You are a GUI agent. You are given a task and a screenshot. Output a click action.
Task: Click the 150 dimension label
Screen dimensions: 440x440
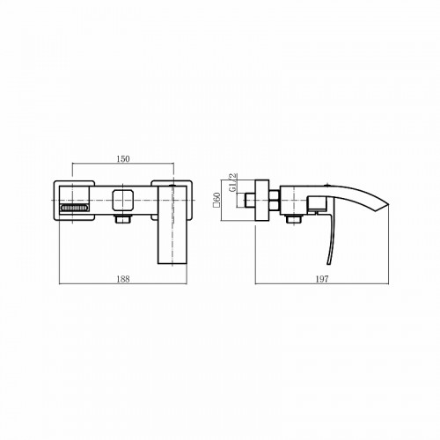pyautogui.click(x=123, y=159)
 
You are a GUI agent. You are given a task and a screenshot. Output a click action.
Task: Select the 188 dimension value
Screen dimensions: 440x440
pyautogui.click(x=123, y=279)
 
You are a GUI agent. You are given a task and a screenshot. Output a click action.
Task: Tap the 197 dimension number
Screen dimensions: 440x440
pyautogui.click(x=322, y=279)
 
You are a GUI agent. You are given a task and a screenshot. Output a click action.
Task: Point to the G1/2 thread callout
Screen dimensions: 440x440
pyautogui.click(x=233, y=182)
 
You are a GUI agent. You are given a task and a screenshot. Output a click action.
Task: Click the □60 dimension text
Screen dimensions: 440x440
pyautogui.click(x=217, y=200)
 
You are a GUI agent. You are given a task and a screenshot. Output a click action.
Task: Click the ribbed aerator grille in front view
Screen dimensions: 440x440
pyautogui.click(x=74, y=208)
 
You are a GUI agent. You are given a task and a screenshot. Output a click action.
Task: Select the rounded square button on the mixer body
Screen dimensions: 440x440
pyautogui.click(x=123, y=200)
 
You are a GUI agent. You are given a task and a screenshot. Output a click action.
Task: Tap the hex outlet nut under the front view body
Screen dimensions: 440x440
pyautogui.click(x=123, y=219)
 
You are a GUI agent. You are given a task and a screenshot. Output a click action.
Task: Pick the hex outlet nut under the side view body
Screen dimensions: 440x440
pyautogui.click(x=294, y=219)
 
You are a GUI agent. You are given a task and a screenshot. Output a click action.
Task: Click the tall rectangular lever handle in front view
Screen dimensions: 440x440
pyautogui.click(x=172, y=225)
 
